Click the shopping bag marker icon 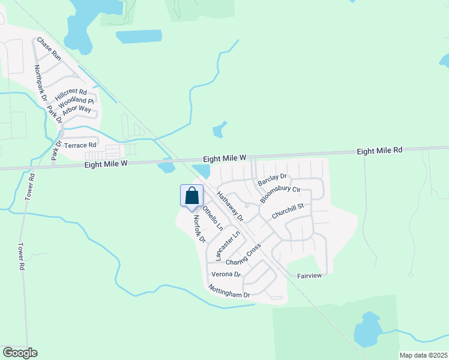click(191, 196)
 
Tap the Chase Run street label click(49, 48)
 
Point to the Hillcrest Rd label click(71, 95)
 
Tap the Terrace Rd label click(80, 145)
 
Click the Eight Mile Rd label click(379, 151)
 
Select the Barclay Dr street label click(272, 179)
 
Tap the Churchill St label click(289, 211)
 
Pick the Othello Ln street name click(212, 219)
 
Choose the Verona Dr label click(225, 274)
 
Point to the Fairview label click(310, 276)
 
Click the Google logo click(20, 353)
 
